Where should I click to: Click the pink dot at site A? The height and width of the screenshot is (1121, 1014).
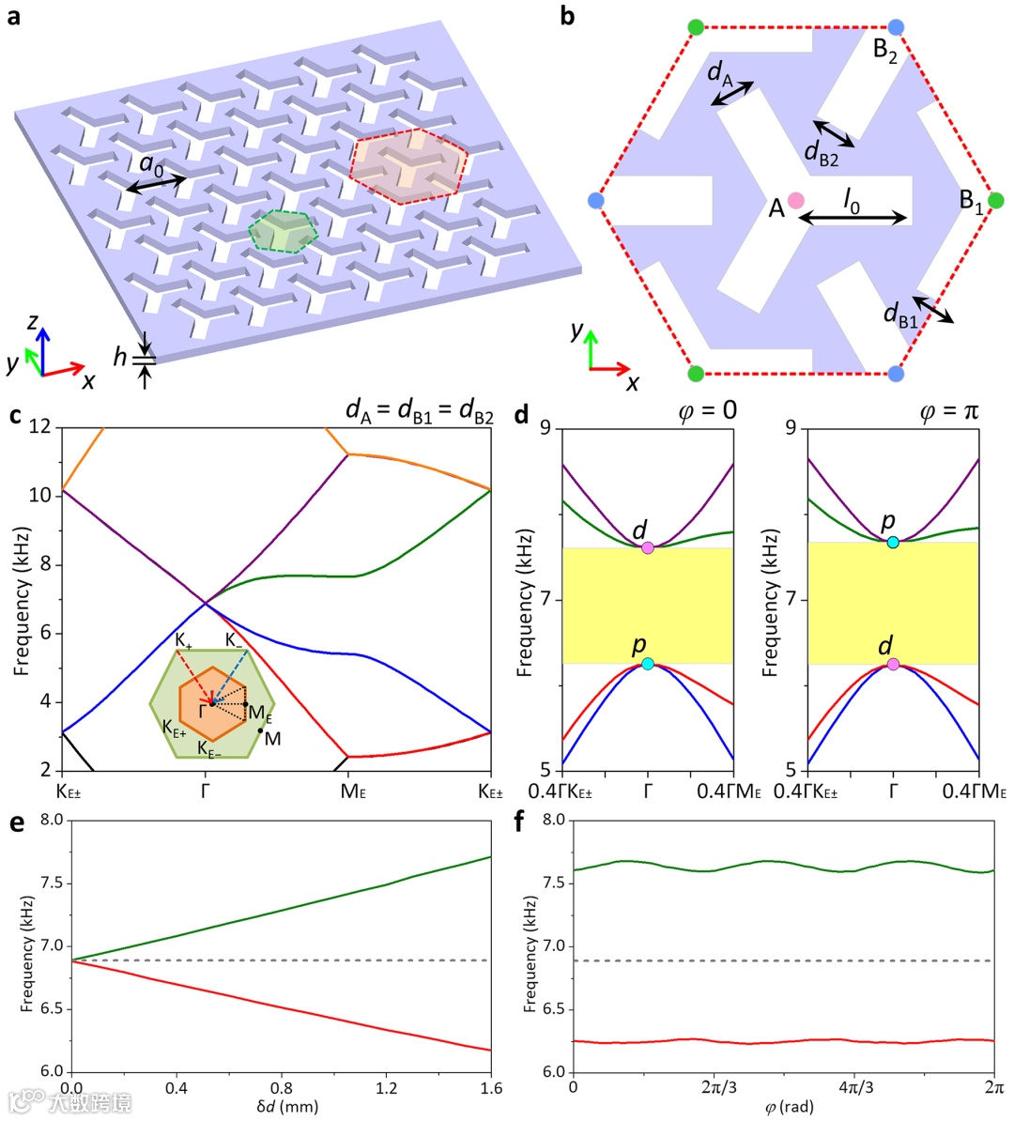click(796, 199)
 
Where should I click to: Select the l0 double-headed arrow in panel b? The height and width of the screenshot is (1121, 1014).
click(853, 220)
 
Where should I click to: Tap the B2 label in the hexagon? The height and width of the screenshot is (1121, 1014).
click(884, 51)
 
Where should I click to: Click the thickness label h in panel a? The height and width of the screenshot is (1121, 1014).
click(120, 357)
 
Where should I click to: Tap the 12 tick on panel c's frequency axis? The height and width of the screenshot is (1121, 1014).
click(40, 427)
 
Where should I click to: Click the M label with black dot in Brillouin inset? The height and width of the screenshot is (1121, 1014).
click(272, 739)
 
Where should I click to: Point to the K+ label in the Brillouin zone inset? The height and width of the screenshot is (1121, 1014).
click(183, 640)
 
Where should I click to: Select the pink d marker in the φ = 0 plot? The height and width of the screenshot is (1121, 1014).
click(648, 547)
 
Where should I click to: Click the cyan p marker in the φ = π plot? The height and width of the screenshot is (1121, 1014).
click(893, 542)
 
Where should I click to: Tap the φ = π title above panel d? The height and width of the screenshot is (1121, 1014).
click(949, 412)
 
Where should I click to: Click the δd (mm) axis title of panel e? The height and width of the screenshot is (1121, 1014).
click(287, 1106)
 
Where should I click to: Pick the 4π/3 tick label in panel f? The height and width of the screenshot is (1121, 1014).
click(854, 1088)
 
